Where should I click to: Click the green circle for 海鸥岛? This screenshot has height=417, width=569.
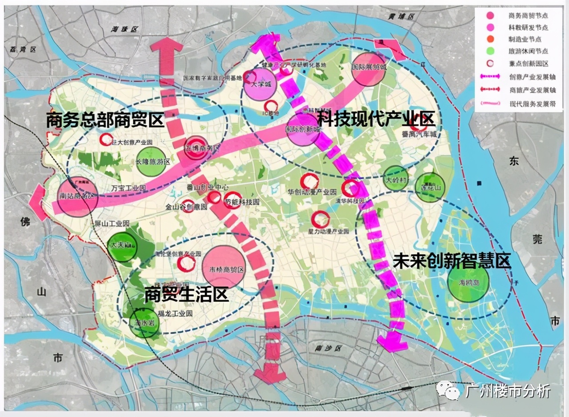tap(468, 283)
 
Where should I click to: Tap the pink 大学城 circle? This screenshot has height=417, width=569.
tap(260, 83)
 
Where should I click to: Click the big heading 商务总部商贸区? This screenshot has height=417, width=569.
tap(106, 120)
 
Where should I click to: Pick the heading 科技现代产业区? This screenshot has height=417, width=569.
tap(376, 119)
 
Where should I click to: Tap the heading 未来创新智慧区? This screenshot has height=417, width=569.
tap(452, 261)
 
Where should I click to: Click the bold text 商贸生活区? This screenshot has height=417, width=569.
tap(186, 294)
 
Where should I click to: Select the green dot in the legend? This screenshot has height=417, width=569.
tap(490, 51)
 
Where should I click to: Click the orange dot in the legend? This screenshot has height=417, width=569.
tap(490, 39)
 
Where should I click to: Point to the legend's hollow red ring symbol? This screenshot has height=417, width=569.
tap(490, 63)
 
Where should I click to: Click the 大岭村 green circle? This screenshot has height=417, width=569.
tap(395, 178)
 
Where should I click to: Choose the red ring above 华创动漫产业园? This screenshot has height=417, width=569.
tap(309, 181)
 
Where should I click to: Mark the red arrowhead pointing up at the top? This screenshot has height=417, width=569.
tap(167, 45)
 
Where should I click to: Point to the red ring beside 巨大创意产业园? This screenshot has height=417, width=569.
tap(106, 140)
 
